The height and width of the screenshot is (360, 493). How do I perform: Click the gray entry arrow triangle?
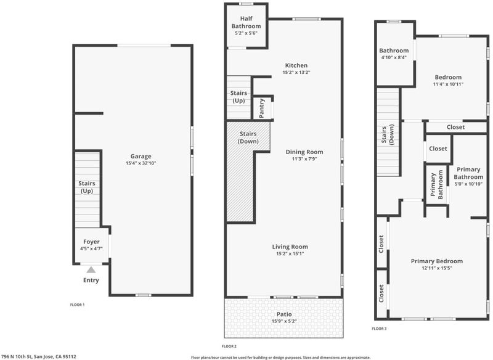pyautogui.click(x=91, y=269)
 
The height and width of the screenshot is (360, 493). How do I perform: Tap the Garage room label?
pyautogui.click(x=141, y=156)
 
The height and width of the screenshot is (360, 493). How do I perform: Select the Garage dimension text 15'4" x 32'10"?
pyautogui.click(x=141, y=163)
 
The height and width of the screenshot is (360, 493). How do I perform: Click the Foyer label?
pyautogui.click(x=91, y=242)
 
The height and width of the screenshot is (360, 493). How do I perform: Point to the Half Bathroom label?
pyautogui.click(x=246, y=22)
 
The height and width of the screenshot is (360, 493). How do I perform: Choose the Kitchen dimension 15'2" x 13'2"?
pyautogui.click(x=296, y=72)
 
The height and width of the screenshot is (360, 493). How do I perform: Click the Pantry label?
pyautogui.click(x=261, y=108)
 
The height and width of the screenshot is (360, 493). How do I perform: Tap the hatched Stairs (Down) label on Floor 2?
pyautogui.click(x=248, y=137)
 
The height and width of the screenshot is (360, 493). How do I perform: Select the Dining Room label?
pyautogui.click(x=304, y=152)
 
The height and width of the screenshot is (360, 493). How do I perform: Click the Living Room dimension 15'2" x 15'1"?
pyautogui.click(x=290, y=254)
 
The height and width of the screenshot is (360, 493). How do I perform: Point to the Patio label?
pyautogui.click(x=284, y=314)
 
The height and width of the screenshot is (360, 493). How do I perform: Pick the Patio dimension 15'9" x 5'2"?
pyautogui.click(x=284, y=321)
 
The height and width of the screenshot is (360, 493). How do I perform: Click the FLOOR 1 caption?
pyautogui.click(x=77, y=305)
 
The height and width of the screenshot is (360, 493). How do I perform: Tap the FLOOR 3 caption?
pyautogui.click(x=379, y=329)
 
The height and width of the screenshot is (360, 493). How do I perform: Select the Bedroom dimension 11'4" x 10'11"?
pyautogui.click(x=448, y=84)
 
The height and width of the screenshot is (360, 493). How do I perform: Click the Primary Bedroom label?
pyautogui.click(x=437, y=261)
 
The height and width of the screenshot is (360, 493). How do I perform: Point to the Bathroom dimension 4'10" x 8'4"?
pyautogui.click(x=394, y=57)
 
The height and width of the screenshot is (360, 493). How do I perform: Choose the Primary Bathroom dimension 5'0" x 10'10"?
pyautogui.click(x=468, y=184)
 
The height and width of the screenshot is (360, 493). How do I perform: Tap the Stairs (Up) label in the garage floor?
pyautogui.click(x=87, y=187)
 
